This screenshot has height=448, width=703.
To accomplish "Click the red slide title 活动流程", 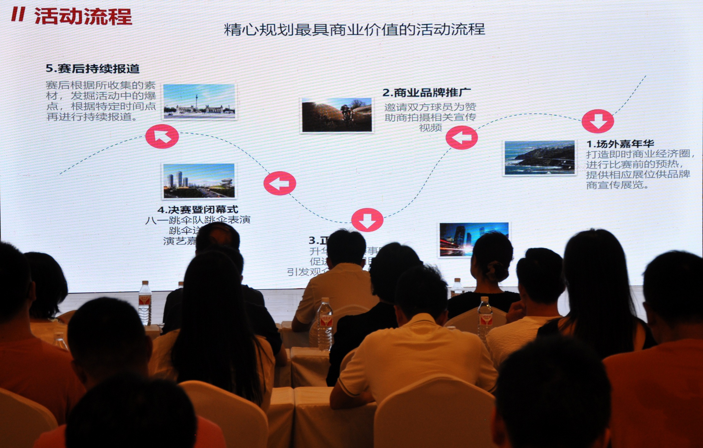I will coord(83,16).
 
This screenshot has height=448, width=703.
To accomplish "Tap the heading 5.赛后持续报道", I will coord(92,69).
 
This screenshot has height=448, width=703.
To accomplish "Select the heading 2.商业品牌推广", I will coord(426,93).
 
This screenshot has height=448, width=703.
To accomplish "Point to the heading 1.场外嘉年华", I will coord(620,144).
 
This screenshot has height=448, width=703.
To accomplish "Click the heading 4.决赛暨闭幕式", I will coord(198,210).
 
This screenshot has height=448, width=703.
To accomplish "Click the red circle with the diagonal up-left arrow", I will coord(162,136).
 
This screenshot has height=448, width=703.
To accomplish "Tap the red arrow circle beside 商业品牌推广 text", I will coord(462,138).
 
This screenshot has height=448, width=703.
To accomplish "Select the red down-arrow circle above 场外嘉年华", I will coord(598,121).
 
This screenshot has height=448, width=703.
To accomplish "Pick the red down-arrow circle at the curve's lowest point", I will coord(367,220).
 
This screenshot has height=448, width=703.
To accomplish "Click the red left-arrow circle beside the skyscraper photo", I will coord(280,183).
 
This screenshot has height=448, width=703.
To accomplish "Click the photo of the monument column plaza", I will coord(199,101).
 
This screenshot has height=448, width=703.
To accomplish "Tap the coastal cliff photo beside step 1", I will coord(539,158).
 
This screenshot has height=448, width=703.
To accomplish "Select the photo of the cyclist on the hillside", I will coord(337,115).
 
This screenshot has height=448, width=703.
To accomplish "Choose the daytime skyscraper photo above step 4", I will coord(199,181).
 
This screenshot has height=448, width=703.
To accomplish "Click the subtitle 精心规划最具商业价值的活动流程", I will coord(354,30).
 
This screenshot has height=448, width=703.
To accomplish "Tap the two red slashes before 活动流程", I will coord(18,15).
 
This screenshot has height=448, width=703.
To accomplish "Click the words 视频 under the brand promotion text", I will coord(430,128).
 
